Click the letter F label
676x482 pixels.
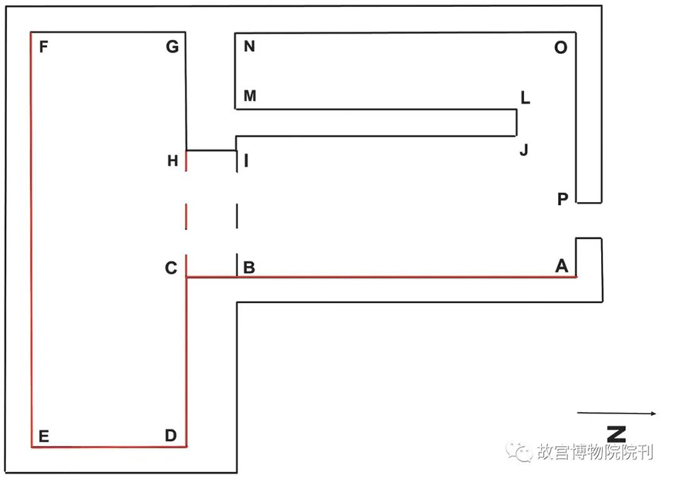tap(44, 47)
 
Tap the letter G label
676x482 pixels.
tap(172, 47)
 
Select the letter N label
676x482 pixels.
tap(249, 46)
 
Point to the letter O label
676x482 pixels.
tap(560, 47)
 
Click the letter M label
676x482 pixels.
tap(250, 95)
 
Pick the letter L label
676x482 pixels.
tap(525, 98)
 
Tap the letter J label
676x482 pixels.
tap(524, 150)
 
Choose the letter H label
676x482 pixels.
tap(173, 161)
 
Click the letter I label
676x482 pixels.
tap(246, 161)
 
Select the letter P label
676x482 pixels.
tap(563, 199)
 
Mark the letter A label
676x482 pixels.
tap(561, 266)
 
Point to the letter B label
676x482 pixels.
tap(249, 267)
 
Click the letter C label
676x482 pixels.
tap(171, 268)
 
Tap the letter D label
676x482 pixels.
tap(171, 435)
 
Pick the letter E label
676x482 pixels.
tap(44, 436)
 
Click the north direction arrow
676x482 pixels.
tap(617, 414)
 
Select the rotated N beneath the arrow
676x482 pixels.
tap(617, 434)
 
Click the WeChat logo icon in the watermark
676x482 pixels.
tap(518, 452)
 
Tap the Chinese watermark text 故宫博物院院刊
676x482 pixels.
tap(595, 452)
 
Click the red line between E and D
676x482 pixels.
tap(109, 447)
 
